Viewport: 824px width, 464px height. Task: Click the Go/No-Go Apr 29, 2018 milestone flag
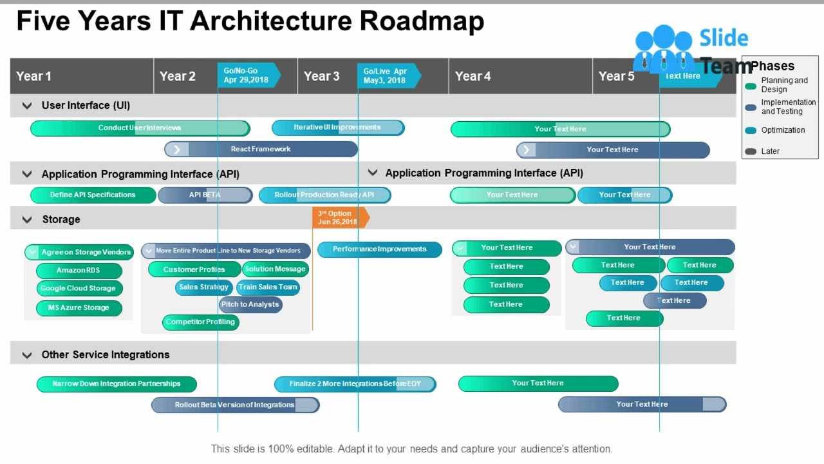click(x=248, y=75)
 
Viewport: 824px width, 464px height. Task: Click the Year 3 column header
click(x=322, y=76)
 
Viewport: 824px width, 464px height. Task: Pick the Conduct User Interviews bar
click(x=140, y=128)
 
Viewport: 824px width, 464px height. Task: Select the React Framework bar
click(x=261, y=150)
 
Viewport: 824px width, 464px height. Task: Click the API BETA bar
click(x=205, y=195)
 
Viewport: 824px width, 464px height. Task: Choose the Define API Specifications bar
click(x=93, y=195)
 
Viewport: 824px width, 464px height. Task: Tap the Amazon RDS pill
click(x=79, y=271)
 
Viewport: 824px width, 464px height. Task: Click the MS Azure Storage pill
click(x=79, y=308)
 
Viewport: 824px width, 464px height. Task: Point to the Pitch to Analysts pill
click(x=250, y=305)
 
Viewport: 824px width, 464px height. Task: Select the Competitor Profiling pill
click(x=200, y=322)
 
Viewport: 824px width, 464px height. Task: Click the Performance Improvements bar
click(x=380, y=249)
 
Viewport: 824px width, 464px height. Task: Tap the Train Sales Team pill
click(x=268, y=287)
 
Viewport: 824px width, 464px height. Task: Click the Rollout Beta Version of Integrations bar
click(x=235, y=405)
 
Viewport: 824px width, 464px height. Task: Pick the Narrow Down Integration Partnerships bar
click(x=117, y=384)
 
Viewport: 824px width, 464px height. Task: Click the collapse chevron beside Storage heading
click(x=27, y=220)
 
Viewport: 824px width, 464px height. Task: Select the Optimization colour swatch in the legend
click(x=751, y=130)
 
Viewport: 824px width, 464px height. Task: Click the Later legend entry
click(x=770, y=151)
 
